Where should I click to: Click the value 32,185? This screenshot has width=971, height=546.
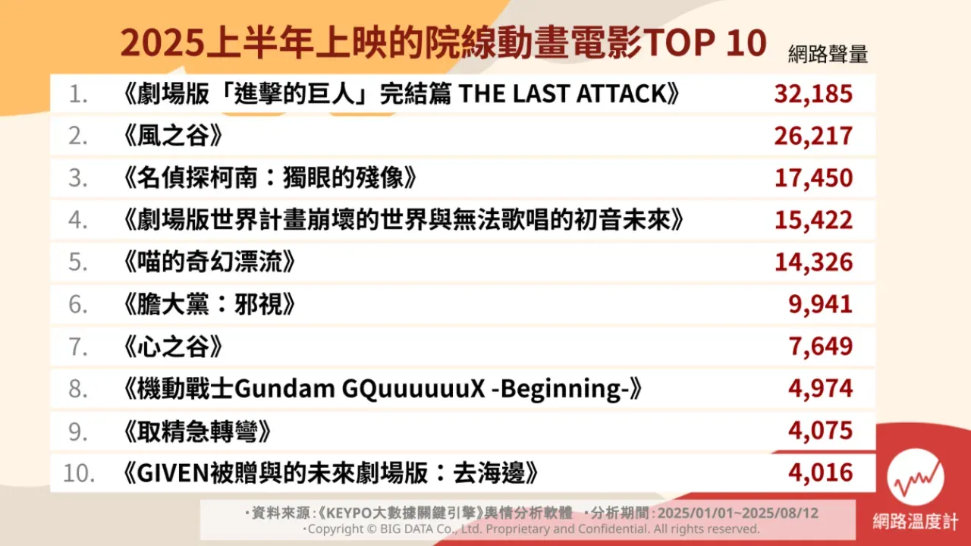point(813,94)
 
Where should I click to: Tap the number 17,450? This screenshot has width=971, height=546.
point(813,178)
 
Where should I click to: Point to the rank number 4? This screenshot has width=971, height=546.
point(79,221)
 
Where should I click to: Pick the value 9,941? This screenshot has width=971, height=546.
point(821,305)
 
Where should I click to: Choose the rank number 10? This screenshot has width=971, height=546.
point(78,473)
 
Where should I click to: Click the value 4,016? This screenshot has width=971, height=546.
point(821,473)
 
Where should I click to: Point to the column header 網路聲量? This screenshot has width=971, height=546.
point(828,55)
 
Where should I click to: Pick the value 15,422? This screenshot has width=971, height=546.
point(813,221)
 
